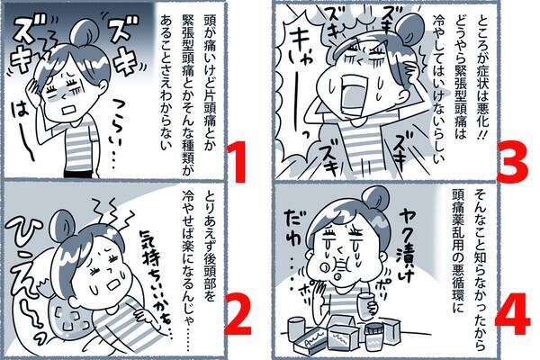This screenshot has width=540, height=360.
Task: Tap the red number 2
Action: pyautogui.click(x=238, y=314)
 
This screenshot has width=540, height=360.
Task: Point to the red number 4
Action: pyautogui.click(x=512, y=313)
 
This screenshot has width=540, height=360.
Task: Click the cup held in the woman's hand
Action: pyautogui.click(x=367, y=305)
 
